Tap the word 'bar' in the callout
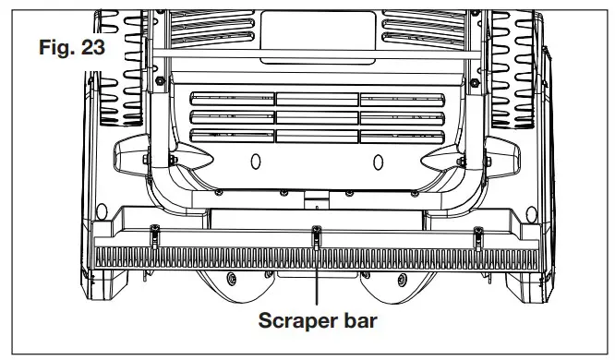pos(359,324)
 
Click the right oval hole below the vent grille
pos(377,162)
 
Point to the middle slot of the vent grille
pos(316,117)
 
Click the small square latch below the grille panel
pos(317,198)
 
